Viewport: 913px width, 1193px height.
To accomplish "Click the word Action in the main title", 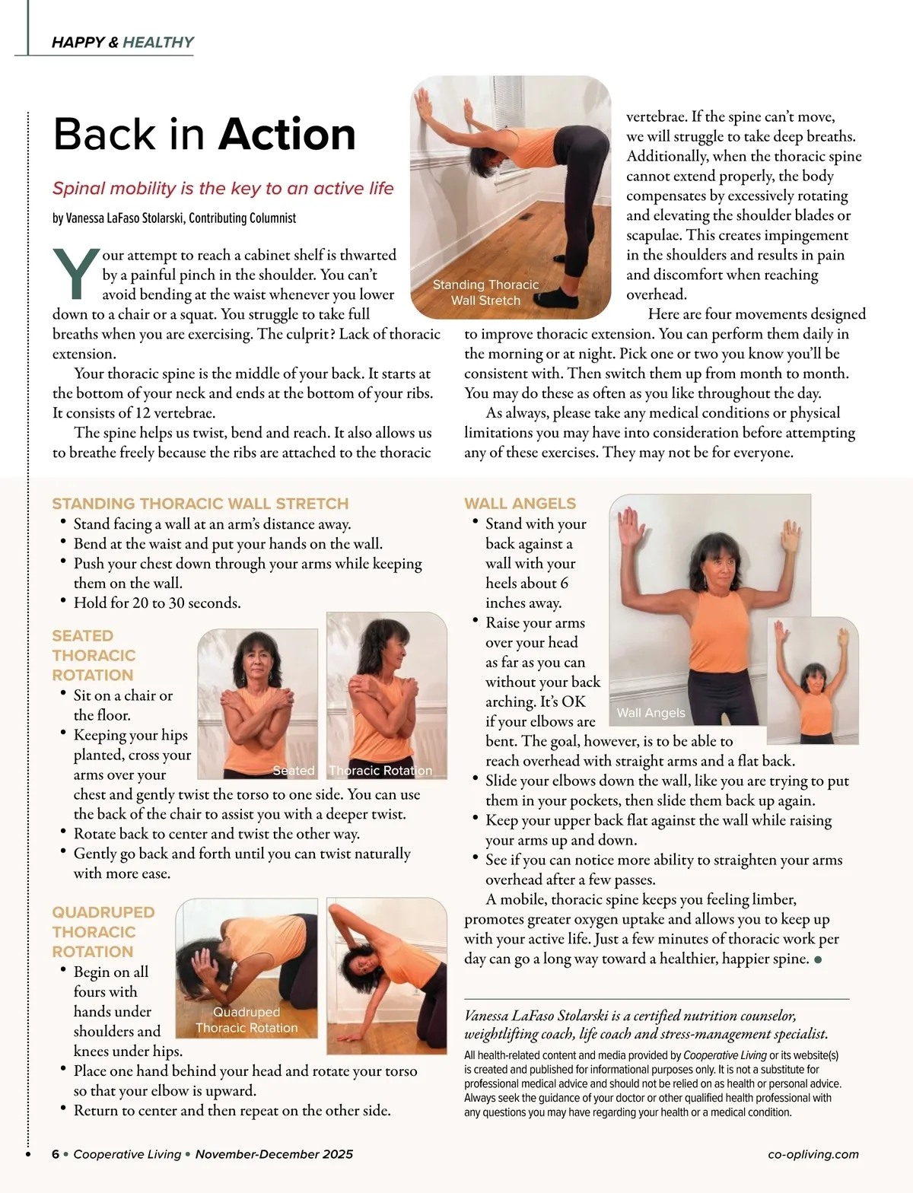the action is point(287,134).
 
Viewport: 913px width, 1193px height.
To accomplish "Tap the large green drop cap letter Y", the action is point(76,273).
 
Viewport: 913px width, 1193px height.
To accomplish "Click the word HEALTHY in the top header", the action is point(158,43).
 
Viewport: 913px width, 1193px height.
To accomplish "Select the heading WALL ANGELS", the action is point(520,503).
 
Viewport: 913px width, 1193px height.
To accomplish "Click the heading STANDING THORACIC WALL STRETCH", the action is point(201,503).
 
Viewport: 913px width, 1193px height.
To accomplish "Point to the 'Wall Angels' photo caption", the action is point(651,713).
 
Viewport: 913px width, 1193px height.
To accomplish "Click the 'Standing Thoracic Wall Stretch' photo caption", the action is point(486,292).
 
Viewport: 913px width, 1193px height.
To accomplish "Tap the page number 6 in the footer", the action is point(56,1154).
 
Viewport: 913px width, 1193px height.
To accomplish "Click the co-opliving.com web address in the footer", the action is point(813,1154).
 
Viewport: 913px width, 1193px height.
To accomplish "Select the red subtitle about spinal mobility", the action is point(223,189).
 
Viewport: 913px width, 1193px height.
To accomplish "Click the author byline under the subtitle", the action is point(174,218).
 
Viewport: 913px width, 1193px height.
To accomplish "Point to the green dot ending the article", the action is point(818,960).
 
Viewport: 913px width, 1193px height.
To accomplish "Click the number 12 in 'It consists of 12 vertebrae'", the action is point(143,413).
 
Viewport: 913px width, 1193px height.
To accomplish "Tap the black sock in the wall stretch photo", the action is point(555,298).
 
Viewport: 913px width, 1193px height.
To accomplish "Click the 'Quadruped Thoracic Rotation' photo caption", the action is point(247,1020).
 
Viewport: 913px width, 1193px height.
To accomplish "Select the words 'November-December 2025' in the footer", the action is point(274,1154).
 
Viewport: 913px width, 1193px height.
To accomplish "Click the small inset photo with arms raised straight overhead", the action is point(813,680).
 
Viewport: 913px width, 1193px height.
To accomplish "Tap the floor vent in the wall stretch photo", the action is point(526,216).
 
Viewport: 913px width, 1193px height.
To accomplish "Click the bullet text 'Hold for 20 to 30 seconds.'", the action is point(157,603).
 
